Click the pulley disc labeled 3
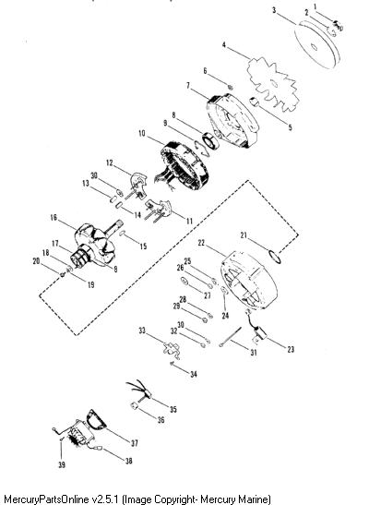pos(317,45)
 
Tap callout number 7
pos(188,86)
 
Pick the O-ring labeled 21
pos(275,257)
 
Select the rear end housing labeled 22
pos(249,279)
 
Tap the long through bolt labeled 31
pos(231,337)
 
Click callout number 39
pos(62,464)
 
